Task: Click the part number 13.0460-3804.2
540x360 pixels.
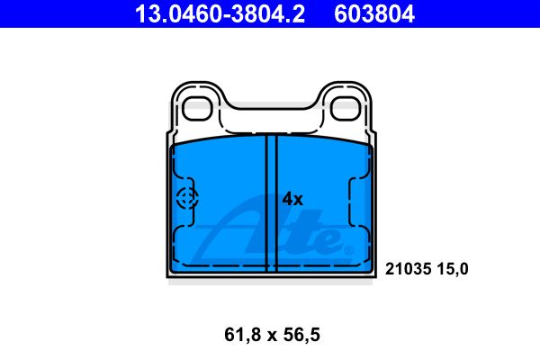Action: tap(220, 14)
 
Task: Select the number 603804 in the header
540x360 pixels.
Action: tap(374, 14)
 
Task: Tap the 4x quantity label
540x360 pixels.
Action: tap(292, 199)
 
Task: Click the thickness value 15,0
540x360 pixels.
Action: tap(453, 269)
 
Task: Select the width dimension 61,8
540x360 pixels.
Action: tap(242, 335)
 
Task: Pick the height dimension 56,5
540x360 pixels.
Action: tap(301, 335)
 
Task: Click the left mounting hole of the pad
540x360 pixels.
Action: tap(197, 109)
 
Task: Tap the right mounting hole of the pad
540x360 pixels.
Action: tap(346, 109)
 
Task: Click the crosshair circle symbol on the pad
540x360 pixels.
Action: tap(187, 198)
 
